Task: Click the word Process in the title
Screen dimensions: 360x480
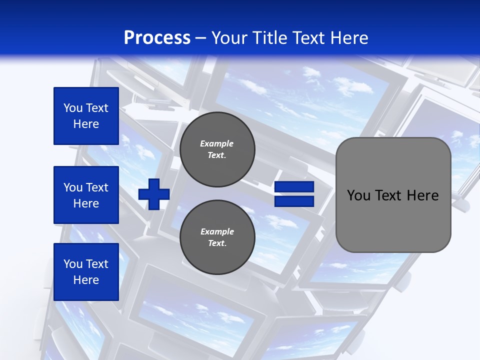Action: click(157, 38)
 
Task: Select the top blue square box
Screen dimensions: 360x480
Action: click(86, 116)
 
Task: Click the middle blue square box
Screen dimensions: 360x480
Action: click(86, 195)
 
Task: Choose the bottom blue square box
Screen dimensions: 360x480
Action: click(86, 272)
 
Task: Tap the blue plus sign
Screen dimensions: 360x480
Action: click(154, 194)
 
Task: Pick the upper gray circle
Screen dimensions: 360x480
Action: click(217, 149)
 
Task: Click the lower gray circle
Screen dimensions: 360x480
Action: click(217, 237)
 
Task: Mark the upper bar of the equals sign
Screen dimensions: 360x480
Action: click(294, 187)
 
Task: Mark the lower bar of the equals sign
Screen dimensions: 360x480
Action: click(294, 201)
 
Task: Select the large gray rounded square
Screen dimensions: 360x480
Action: click(393, 195)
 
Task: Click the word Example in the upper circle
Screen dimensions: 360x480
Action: click(217, 143)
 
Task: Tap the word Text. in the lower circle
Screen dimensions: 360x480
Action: click(217, 243)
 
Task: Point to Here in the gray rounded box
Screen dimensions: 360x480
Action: click(422, 195)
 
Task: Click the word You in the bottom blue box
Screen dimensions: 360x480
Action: click(73, 264)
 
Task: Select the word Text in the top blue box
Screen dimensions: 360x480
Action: click(97, 108)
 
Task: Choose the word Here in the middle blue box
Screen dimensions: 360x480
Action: click(86, 203)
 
